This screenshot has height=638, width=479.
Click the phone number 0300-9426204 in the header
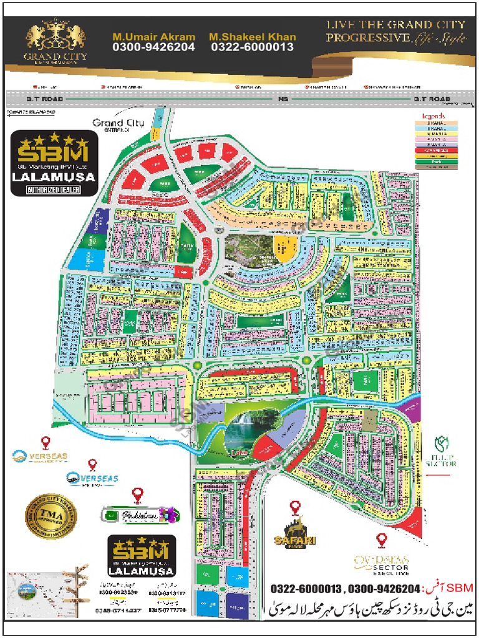pyautogui.click(x=153, y=47)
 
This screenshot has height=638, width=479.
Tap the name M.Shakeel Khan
pyautogui.click(x=252, y=37)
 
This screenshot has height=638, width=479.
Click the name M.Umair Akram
pyautogui.click(x=153, y=37)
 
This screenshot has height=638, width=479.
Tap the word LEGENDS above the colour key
pyautogui.click(x=433, y=117)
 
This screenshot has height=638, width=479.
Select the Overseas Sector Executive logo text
pyautogui.click(x=382, y=564)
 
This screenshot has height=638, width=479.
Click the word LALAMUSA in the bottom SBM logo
pyautogui.click(x=140, y=569)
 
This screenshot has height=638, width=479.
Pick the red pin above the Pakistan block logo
pyautogui.click(x=137, y=495)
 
